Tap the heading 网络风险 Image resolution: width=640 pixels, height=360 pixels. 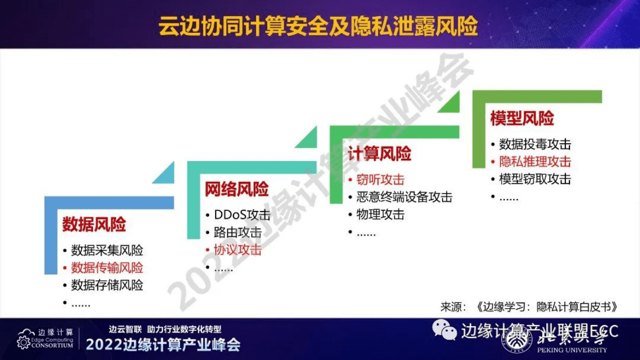pyautogui.click(x=237, y=189)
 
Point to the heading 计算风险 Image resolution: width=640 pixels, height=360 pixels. pyautogui.click(x=379, y=154)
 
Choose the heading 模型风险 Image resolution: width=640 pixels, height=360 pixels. pyautogui.click(x=522, y=119)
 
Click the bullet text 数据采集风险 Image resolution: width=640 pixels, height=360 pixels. pyautogui.click(x=107, y=250)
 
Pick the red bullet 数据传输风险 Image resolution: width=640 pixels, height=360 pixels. pyautogui.click(x=107, y=267)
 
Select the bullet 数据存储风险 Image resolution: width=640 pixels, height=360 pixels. pyautogui.click(x=107, y=285)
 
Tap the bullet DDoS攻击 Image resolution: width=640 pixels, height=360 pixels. pyautogui.click(x=242, y=215)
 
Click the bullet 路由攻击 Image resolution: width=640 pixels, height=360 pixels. pyautogui.click(x=238, y=232)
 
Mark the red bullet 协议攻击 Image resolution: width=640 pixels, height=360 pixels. pyautogui.click(x=238, y=250)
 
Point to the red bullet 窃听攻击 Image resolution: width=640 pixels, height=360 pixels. pyautogui.click(x=380, y=180)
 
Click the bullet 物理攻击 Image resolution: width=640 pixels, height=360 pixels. pyautogui.click(x=380, y=215)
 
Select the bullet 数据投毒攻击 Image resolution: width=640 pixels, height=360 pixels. pyautogui.click(x=535, y=144)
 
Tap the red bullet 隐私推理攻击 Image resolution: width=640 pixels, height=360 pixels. pyautogui.click(x=535, y=161)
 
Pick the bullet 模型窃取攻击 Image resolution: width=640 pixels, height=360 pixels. pyautogui.click(x=535, y=179)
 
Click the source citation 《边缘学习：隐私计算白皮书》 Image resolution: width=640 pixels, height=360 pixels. pyautogui.click(x=546, y=307)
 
